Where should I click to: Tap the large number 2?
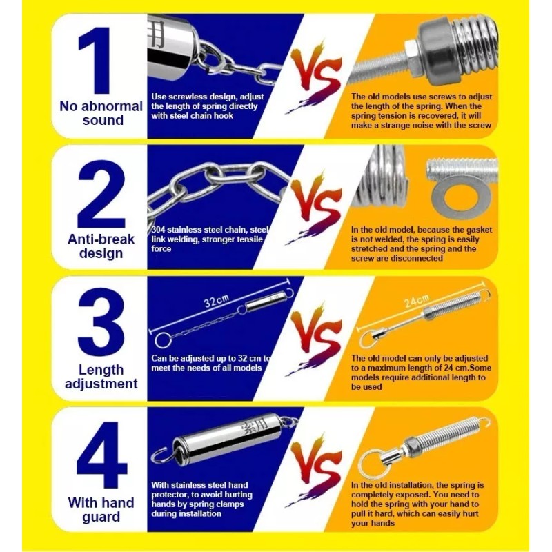[101, 194]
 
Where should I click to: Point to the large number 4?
[101, 454]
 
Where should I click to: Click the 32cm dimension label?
[216, 301]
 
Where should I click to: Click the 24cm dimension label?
[417, 301]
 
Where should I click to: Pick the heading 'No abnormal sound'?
[101, 113]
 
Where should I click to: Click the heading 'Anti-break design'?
[101, 246]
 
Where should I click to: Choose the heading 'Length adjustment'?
[101, 377]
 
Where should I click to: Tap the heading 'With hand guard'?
[101, 510]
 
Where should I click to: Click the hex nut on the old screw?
[411, 57]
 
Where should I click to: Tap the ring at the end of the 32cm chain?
[163, 340]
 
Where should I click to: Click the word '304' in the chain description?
[158, 230]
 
